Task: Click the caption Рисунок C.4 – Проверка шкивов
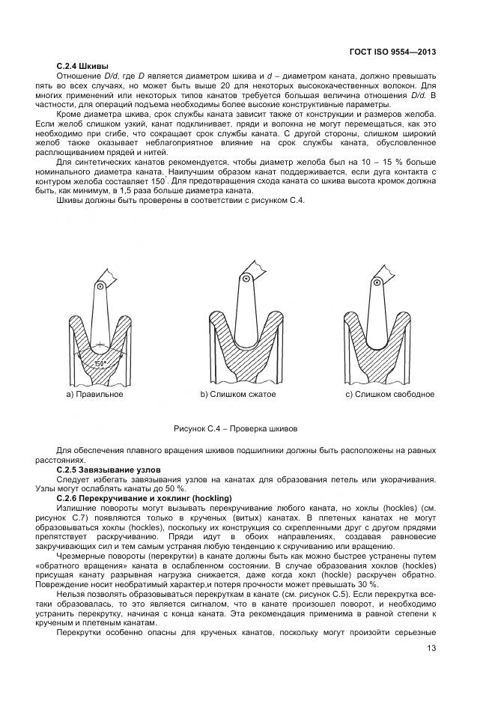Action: (235, 429)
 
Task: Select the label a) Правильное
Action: (94, 394)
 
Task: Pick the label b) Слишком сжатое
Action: (238, 394)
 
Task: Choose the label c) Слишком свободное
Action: (389, 394)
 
